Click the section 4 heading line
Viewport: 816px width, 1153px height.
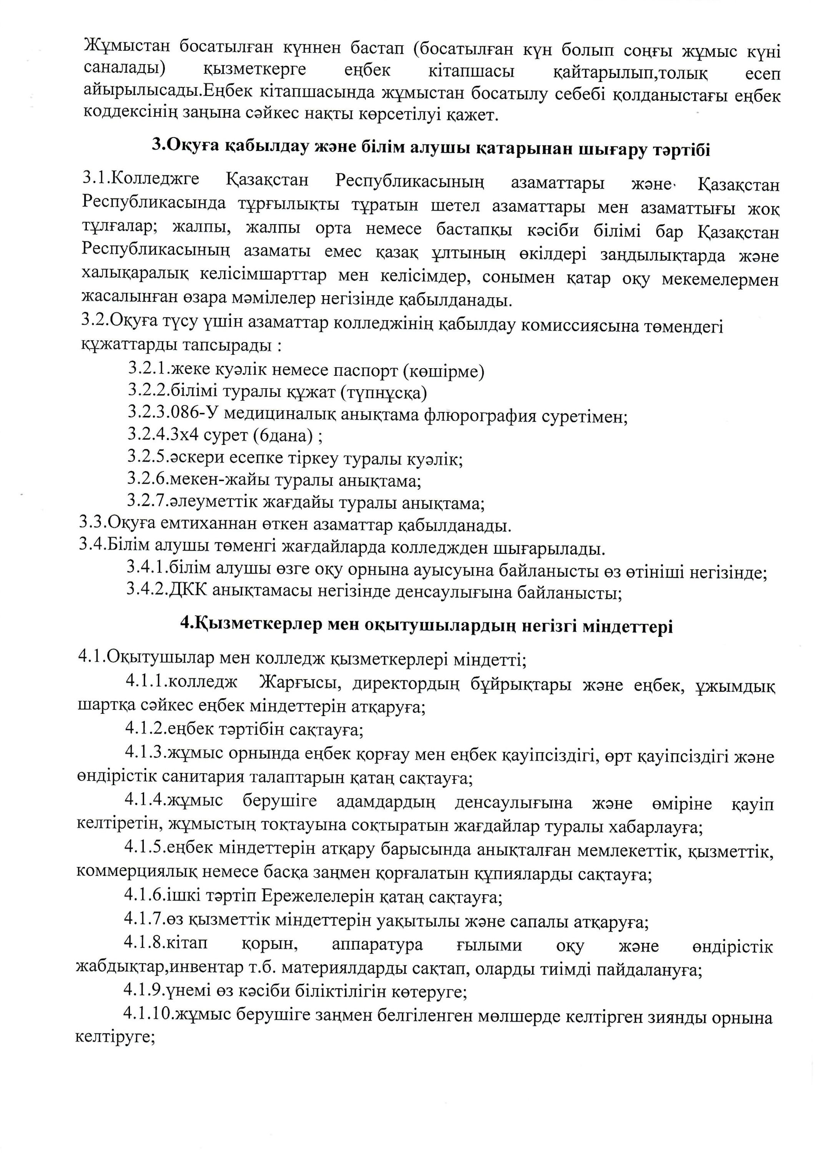[426, 626]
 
